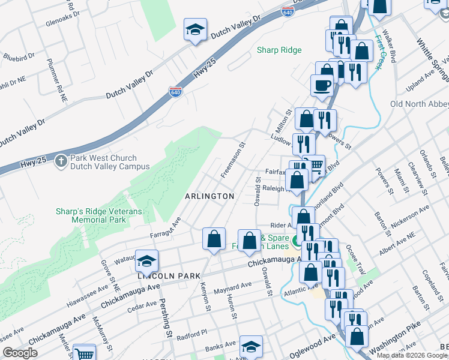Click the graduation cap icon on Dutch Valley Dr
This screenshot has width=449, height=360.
click(195, 31)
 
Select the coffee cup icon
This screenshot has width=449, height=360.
click(322, 85)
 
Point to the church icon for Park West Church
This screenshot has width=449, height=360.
click(60, 161)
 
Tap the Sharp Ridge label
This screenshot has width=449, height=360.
click(279, 50)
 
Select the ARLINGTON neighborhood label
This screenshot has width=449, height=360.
click(209, 196)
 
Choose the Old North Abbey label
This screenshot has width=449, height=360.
click(419, 104)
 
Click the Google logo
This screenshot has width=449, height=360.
click(20, 353)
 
